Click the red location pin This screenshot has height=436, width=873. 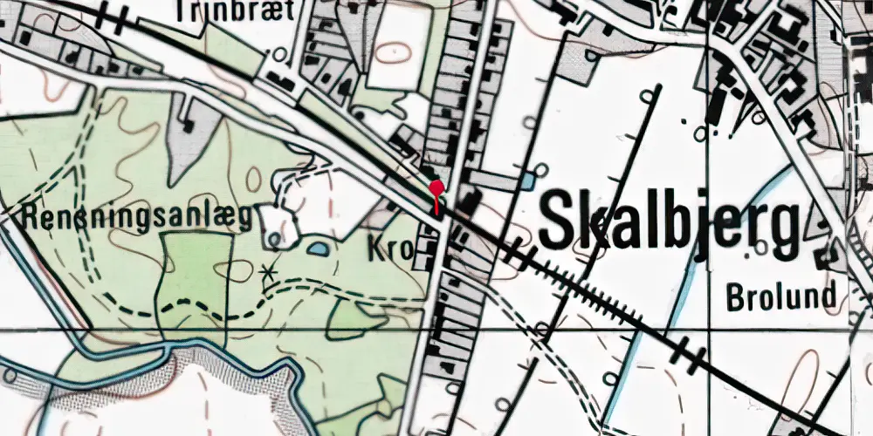436,188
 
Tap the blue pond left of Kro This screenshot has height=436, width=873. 319,249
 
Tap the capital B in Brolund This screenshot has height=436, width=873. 735,296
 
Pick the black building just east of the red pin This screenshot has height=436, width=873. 469,202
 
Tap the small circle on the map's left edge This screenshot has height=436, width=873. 10,376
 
